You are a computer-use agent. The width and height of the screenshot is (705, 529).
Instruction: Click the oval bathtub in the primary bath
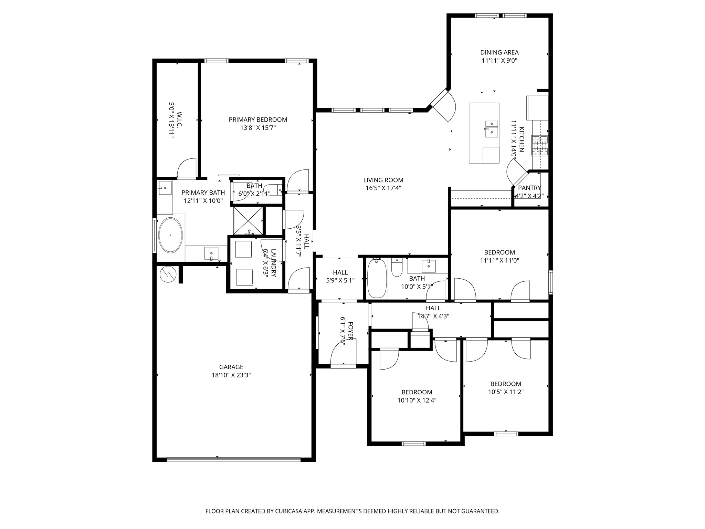coord(170,235)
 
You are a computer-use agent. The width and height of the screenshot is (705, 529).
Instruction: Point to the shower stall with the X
coord(248,221)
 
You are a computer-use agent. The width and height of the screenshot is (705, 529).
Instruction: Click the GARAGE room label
coord(231,367)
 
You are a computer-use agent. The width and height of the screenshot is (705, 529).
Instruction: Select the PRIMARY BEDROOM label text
coord(258,120)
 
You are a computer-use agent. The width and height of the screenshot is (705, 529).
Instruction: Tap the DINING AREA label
coord(499,52)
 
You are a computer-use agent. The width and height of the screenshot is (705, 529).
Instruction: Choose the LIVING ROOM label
coord(383,180)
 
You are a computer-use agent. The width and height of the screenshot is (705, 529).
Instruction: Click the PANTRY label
coord(529,188)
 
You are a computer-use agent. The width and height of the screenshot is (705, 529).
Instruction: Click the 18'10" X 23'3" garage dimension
coord(231,375)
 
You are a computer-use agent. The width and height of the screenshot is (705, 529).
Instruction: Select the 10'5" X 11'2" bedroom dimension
coord(506,392)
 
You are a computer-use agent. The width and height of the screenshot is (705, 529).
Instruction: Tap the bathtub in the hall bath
coord(377,279)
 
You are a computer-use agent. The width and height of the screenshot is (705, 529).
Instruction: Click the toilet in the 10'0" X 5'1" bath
coord(397,268)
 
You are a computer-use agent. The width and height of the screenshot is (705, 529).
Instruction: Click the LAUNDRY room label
coord(274,263)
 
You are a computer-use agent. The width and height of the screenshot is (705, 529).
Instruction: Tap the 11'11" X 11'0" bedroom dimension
coord(499,261)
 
